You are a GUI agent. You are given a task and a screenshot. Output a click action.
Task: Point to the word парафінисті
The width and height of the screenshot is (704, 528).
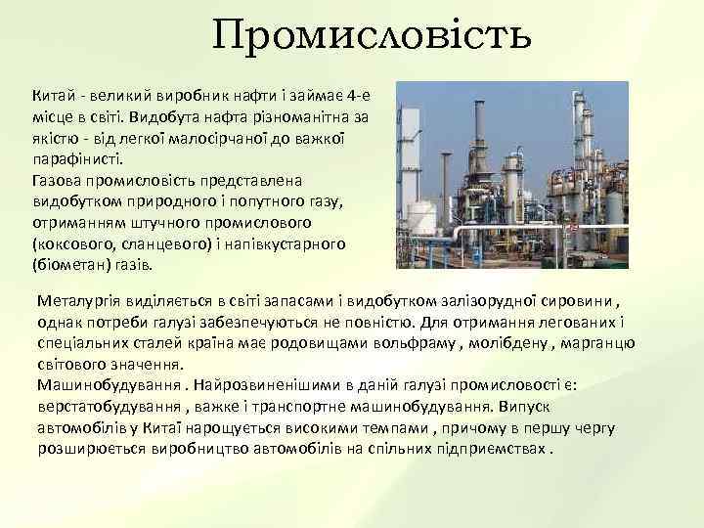tap(77, 159)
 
